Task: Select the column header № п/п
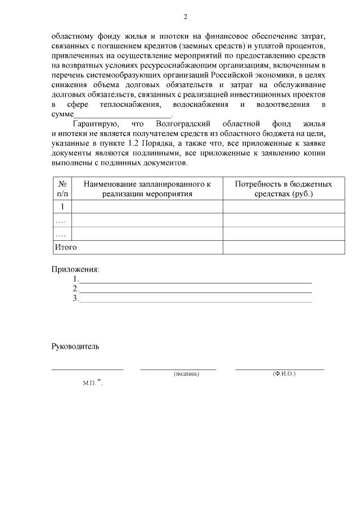coord(63,188)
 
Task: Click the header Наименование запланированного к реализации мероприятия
coord(147,188)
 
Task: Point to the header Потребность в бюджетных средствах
coord(283,188)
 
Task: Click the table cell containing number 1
coord(63,206)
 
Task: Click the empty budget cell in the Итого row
coord(283,247)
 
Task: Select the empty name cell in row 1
coord(147,206)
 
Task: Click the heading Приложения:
coord(75,269)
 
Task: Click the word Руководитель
coord(75,346)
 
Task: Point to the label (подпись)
coord(186,373)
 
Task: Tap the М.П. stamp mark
coord(89,382)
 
